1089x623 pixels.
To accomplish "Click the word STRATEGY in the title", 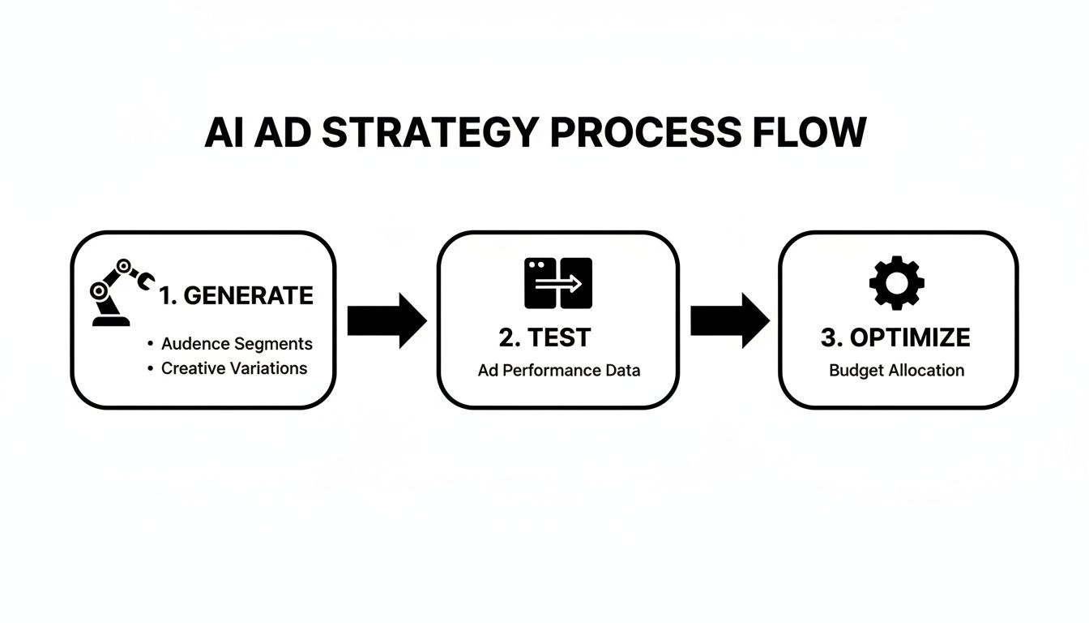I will pyautogui.click(x=429, y=132).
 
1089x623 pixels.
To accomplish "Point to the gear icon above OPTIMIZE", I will pyautogui.click(x=896, y=283).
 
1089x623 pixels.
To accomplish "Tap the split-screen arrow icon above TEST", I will pyautogui.click(x=558, y=283).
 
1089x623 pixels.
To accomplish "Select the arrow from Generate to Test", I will pyautogui.click(x=386, y=320).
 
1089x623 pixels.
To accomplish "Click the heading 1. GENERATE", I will pyautogui.click(x=236, y=296).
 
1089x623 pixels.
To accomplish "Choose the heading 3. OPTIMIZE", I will pyautogui.click(x=895, y=337).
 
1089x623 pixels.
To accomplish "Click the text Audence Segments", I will pyautogui.click(x=237, y=343).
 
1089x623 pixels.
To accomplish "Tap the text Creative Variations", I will pyautogui.click(x=234, y=368).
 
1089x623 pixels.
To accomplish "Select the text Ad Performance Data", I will pyautogui.click(x=559, y=371).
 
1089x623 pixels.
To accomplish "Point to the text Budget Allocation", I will pyautogui.click(x=896, y=371).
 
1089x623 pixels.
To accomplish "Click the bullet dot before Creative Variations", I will pyautogui.click(x=150, y=368).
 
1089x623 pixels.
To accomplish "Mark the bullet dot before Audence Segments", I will pyautogui.click(x=150, y=344).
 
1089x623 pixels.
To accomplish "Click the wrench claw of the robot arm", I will pyautogui.click(x=147, y=281).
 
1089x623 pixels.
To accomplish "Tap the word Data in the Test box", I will pyautogui.click(x=622, y=371).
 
